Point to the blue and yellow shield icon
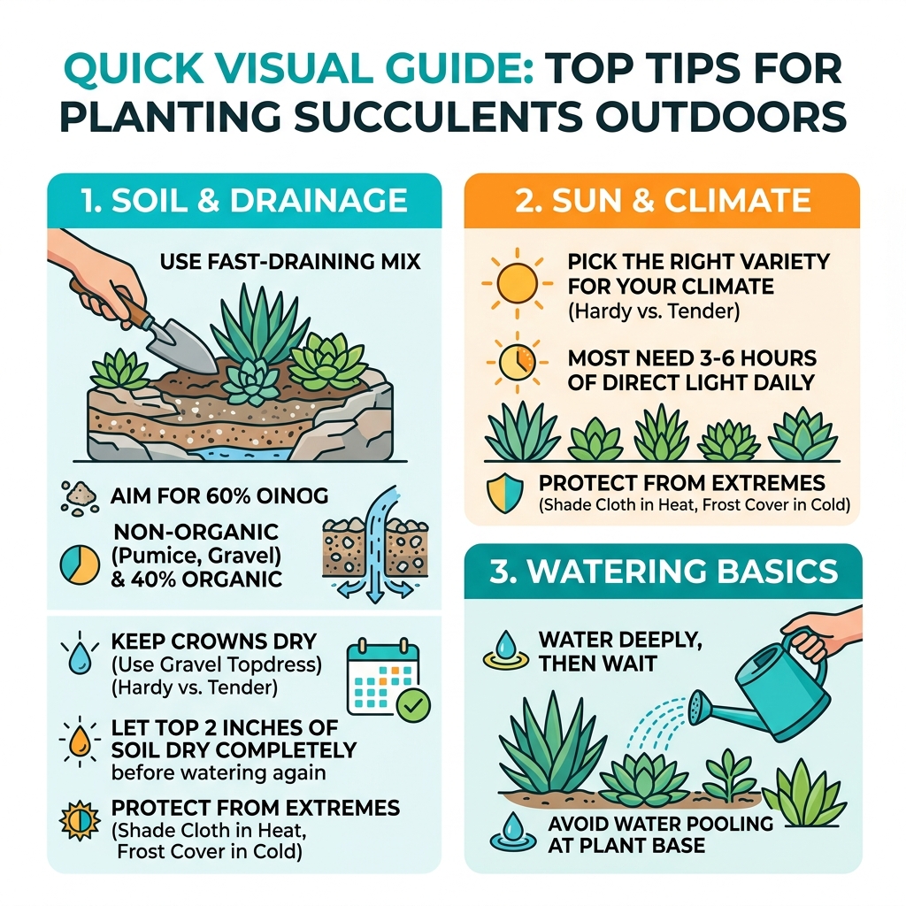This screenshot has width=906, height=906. point(504,493)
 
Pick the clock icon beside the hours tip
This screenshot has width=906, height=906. point(510,364)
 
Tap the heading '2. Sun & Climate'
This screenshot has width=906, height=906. point(661,201)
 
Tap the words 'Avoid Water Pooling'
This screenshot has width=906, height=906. point(660,824)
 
